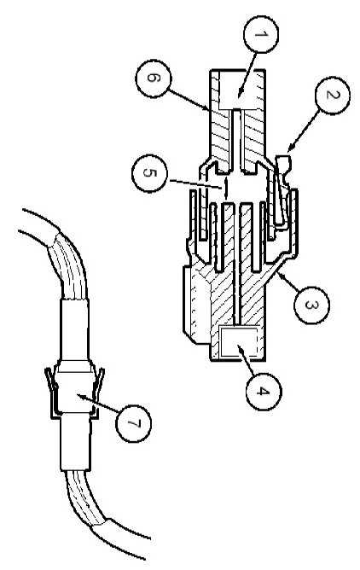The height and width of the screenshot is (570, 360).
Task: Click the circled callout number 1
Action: [261, 34]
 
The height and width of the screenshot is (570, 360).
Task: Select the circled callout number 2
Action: [332, 96]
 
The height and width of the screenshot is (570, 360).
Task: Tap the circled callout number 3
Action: [311, 305]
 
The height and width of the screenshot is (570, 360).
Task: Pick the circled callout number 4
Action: [264, 392]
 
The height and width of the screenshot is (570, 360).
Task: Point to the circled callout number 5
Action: [149, 173]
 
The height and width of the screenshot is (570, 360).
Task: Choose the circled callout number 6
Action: [153, 79]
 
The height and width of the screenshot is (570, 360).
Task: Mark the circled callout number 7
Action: [133, 423]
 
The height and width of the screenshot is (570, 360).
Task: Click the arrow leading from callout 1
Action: [247, 75]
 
